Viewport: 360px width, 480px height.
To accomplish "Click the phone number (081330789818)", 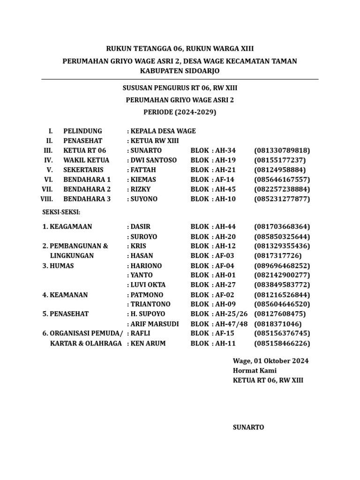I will [x=282, y=150].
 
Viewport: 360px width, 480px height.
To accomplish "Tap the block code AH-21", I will [x=225, y=170].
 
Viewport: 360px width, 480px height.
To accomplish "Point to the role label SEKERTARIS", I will [x=83, y=170].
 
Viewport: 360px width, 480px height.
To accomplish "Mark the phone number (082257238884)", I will [x=282, y=189].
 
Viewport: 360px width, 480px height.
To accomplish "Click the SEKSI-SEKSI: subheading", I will [x=61, y=212].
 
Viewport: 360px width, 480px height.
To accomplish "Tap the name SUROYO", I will [x=144, y=237].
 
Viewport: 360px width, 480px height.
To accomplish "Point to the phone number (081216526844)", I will [x=282, y=295].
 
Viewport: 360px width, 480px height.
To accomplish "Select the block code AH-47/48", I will [x=231, y=324].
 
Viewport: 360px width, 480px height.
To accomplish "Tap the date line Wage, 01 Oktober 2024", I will [x=270, y=360].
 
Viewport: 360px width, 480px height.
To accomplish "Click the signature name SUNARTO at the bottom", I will [x=248, y=427].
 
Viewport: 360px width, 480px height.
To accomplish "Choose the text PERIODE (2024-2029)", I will [x=180, y=112].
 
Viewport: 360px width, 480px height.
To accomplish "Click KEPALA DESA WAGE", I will [x=163, y=131].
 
